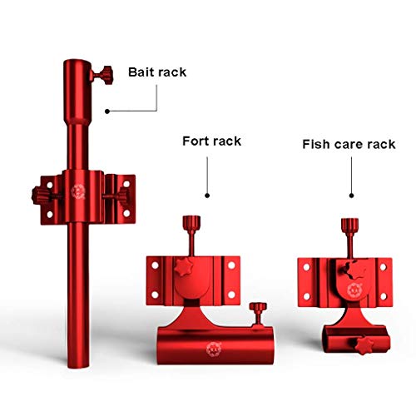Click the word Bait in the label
tap(141, 72)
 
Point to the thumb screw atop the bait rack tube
tap(102, 75)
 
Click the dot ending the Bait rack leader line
tap(107, 111)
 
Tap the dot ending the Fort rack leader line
tap(207, 196)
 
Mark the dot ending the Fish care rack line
tap(351, 196)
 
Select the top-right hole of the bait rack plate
tap(126, 184)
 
